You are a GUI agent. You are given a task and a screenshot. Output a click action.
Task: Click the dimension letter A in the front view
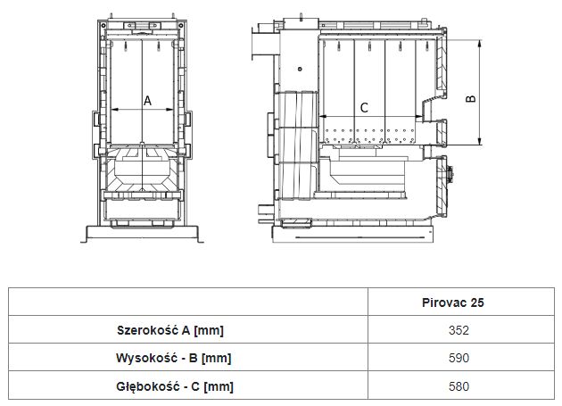tap(148, 101)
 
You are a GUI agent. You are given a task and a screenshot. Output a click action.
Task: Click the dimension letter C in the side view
tap(364, 107)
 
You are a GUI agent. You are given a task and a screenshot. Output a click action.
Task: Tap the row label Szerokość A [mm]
tap(170, 330)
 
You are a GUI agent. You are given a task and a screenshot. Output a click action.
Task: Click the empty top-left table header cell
tap(188, 302)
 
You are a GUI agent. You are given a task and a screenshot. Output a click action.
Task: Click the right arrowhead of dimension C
tap(416, 117)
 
